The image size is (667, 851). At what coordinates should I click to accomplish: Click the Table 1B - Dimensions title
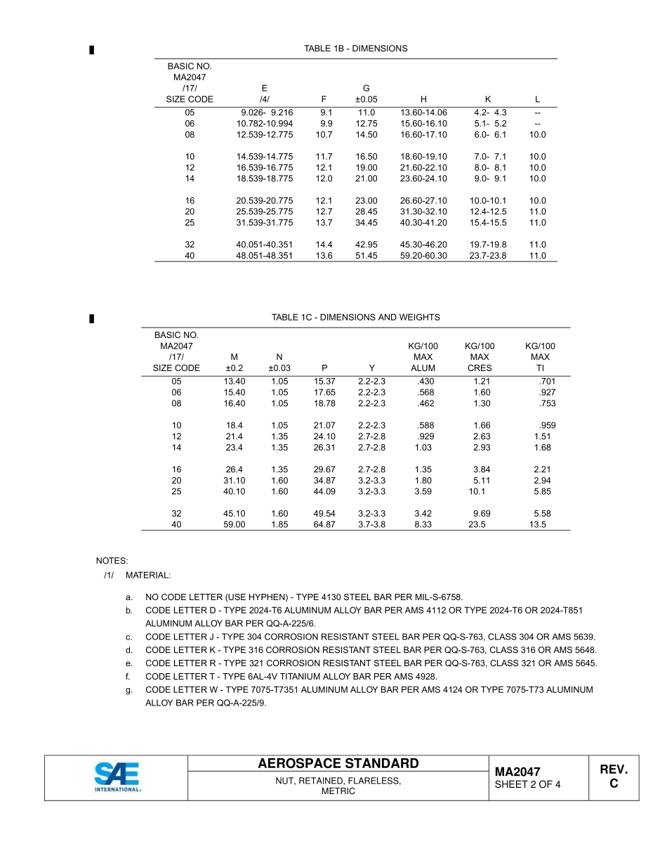point(355,48)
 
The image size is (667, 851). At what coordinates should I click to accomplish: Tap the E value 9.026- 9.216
point(266,112)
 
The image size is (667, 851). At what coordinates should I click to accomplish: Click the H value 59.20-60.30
point(423,256)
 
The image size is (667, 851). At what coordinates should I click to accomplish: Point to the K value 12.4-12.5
point(488,212)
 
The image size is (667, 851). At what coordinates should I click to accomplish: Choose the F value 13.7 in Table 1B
point(324,223)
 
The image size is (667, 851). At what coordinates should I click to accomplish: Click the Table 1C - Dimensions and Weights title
point(355,318)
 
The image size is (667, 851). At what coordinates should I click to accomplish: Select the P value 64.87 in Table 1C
point(324,524)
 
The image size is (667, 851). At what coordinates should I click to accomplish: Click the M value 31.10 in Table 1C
point(234,481)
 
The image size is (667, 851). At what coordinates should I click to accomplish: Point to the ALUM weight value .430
point(425,382)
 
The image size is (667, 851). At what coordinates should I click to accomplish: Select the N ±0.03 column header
point(279,362)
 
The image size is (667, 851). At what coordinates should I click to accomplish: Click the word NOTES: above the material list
point(112,561)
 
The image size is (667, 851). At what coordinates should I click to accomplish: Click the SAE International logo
point(117,777)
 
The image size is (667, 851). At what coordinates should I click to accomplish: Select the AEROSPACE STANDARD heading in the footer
point(338,764)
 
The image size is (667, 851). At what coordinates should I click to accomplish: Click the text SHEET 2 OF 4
point(527,785)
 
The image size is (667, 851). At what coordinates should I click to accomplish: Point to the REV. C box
point(614,777)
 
